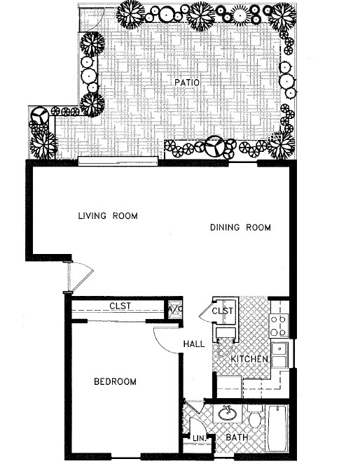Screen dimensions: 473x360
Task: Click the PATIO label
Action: point(188,83)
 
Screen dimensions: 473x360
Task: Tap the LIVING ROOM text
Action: point(108,216)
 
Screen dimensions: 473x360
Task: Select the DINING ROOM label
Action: point(240,227)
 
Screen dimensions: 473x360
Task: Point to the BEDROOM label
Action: point(115,382)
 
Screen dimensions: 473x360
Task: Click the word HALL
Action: point(194,344)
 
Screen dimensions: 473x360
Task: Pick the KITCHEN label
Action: point(250,359)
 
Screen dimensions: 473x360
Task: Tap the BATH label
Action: point(235,439)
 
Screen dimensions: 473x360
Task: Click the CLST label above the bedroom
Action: point(120,306)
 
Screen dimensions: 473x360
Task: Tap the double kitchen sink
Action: point(279,354)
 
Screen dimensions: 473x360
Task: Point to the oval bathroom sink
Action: point(228,414)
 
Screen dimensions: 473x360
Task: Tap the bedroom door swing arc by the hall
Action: point(167,339)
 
